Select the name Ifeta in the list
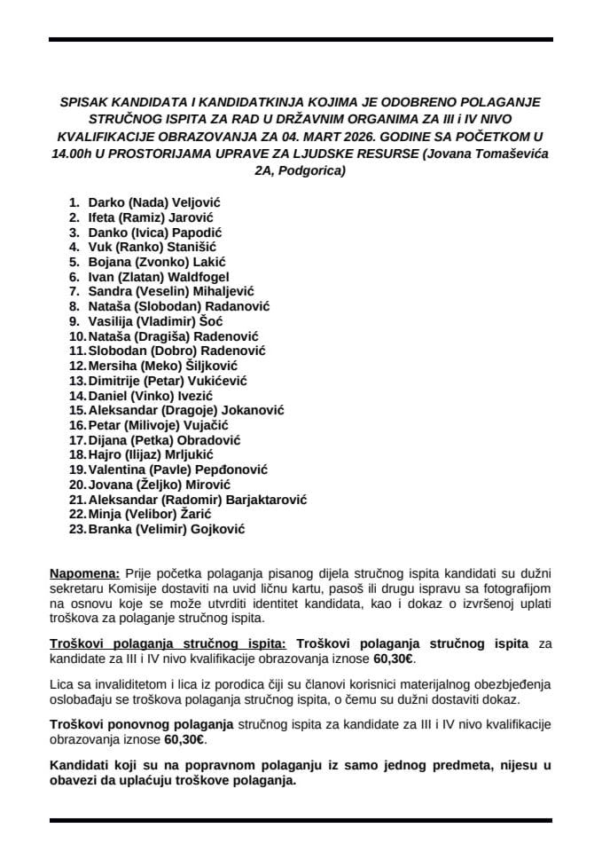point(102,217)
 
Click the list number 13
point(76,381)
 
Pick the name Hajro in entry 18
point(104,455)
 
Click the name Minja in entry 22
point(104,515)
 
